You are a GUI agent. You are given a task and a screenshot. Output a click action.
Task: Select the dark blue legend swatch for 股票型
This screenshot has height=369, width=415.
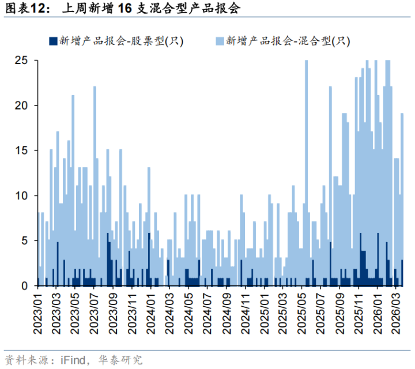click(53, 41)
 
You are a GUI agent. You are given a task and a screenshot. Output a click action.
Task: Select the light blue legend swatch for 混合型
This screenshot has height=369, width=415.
click(219, 41)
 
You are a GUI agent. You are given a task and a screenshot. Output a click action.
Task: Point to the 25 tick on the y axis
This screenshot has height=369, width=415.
click(21, 61)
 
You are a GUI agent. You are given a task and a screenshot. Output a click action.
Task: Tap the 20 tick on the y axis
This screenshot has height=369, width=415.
click(21, 106)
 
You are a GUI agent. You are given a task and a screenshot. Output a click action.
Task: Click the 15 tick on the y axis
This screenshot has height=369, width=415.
click(21, 150)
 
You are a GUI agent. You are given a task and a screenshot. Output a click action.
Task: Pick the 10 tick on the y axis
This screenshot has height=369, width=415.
click(21, 195)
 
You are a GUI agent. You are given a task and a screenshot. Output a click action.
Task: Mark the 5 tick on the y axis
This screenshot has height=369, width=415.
click(24, 240)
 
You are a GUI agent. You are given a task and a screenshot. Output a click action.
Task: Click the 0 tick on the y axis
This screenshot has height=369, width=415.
click(24, 285)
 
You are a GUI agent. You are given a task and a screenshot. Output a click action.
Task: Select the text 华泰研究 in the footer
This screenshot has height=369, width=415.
click(123, 360)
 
